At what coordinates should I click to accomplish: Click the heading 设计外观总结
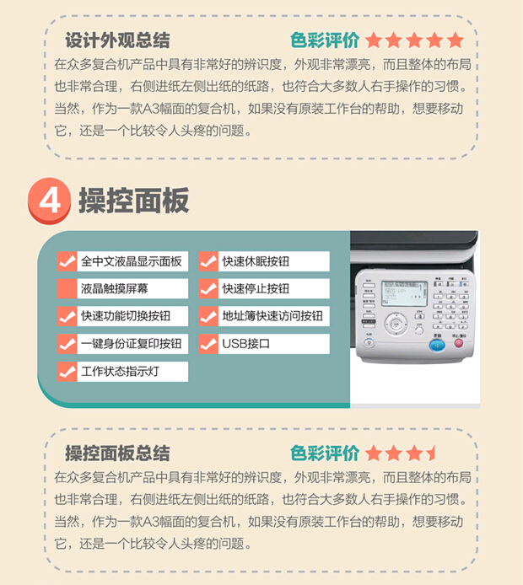tap(118, 40)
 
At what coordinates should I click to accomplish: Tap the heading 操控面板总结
tap(118, 453)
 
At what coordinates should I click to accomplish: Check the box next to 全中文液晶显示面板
tap(67, 261)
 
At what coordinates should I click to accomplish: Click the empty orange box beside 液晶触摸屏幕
tap(67, 288)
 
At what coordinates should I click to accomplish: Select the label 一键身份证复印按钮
tap(131, 344)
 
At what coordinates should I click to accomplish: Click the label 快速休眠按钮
tap(256, 261)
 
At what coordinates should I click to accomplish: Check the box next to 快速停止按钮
tap(208, 288)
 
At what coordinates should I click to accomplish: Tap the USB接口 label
tap(245, 344)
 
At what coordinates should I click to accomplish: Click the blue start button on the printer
tap(436, 343)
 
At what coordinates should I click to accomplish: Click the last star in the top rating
tap(456, 40)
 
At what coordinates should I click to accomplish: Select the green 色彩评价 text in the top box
tap(325, 40)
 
